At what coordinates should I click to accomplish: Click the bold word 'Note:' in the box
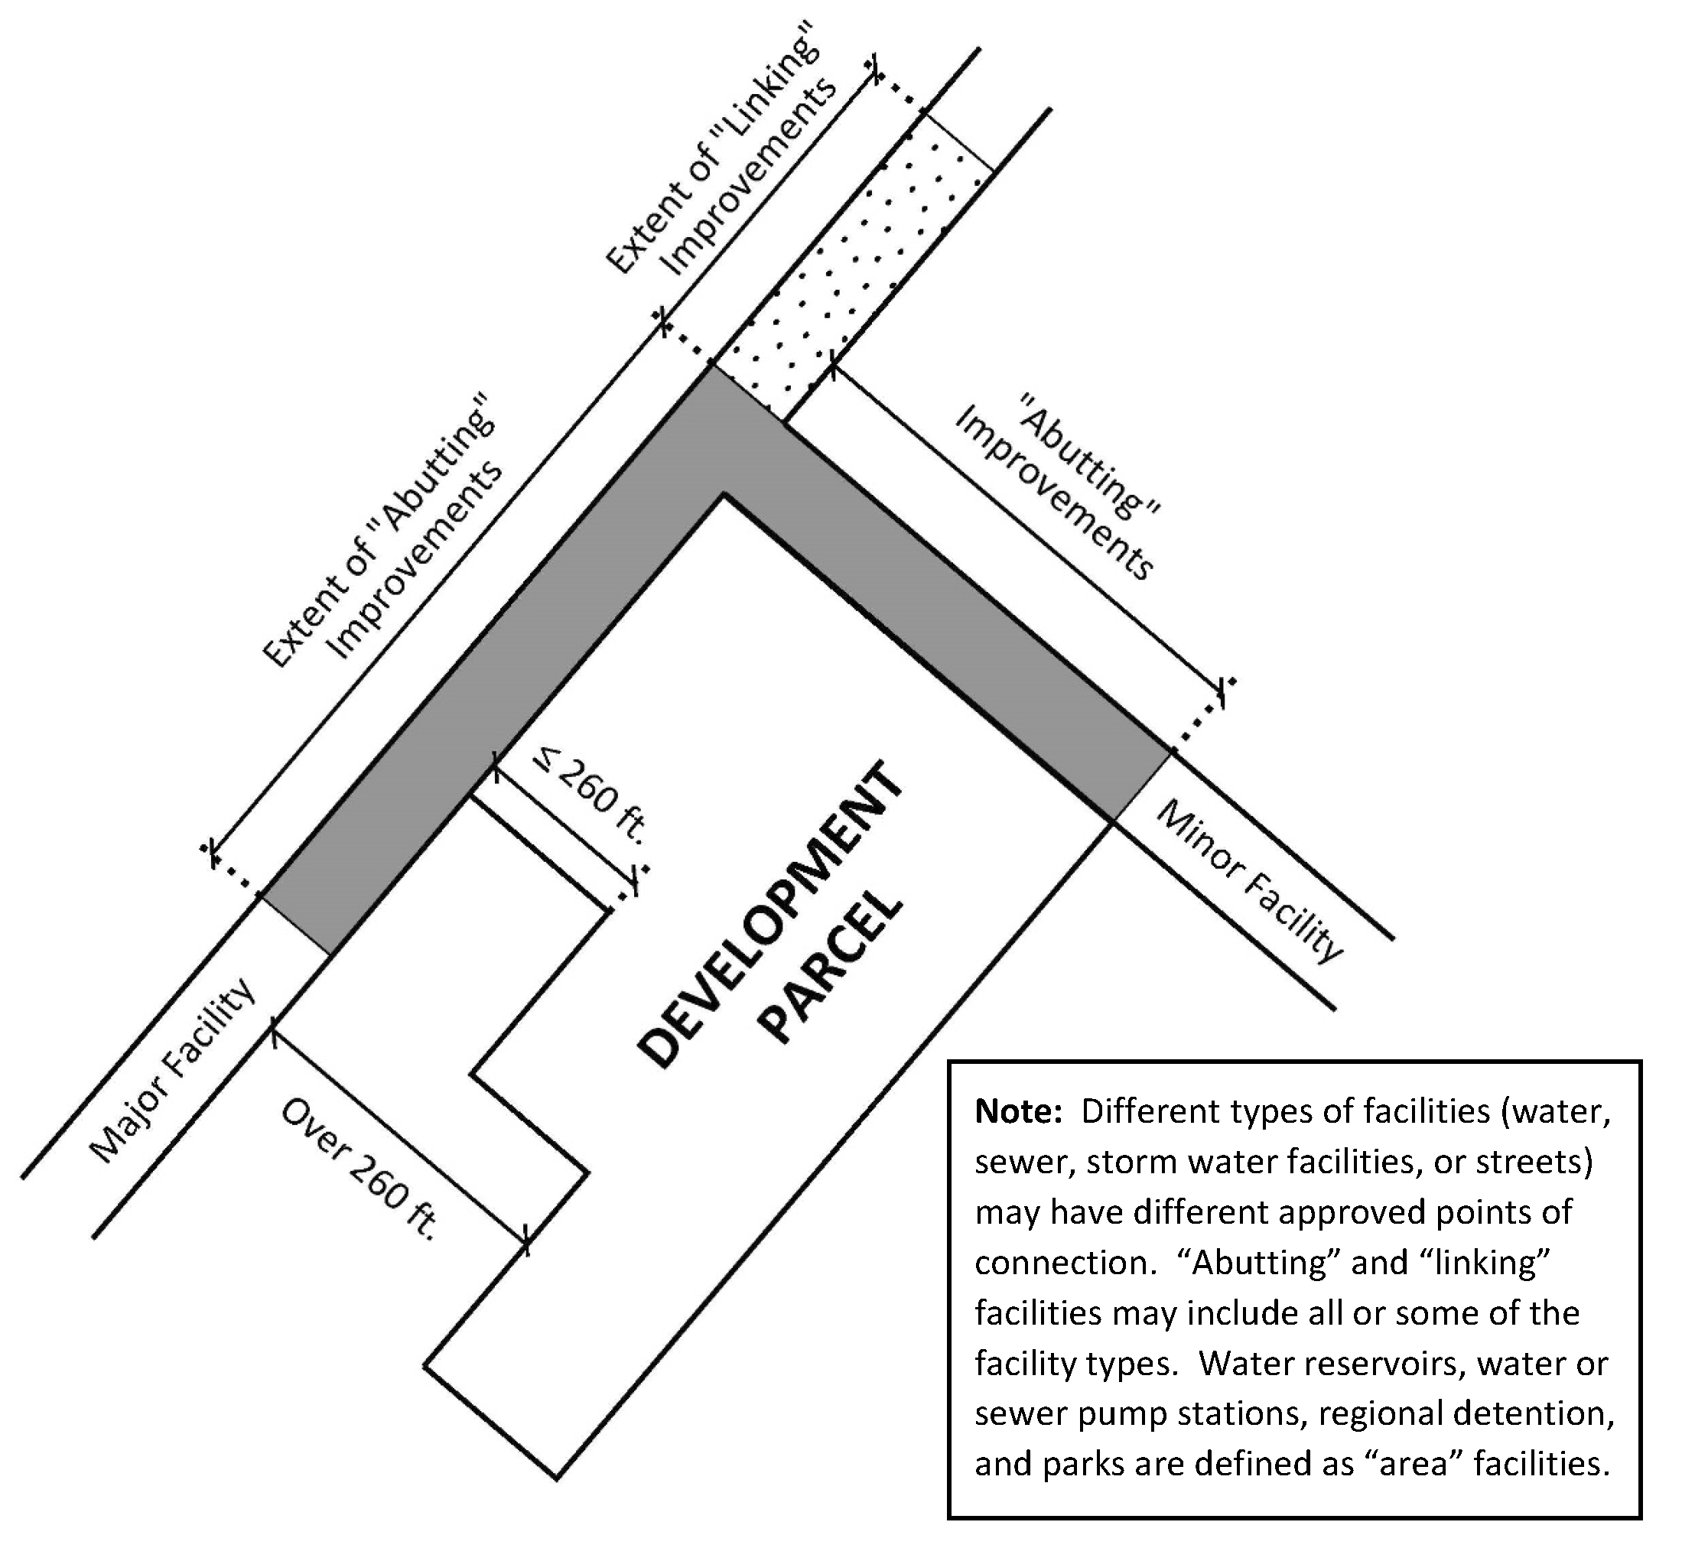pos(1018,1111)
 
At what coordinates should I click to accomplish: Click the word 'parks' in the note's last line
pos(1085,1464)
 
